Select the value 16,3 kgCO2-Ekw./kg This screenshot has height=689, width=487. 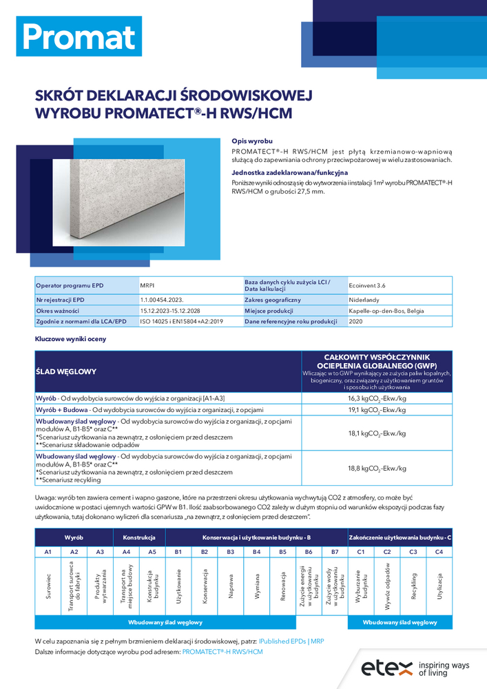377,398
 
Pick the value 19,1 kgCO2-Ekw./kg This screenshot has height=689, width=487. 377,410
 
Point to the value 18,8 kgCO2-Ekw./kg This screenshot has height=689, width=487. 377,468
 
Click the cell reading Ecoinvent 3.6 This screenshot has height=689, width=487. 371,285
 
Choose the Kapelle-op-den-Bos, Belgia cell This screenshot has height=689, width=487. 386,311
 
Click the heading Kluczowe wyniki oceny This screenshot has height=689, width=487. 70,339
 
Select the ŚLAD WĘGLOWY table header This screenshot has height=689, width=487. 66,371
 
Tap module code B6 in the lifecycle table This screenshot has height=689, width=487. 309,552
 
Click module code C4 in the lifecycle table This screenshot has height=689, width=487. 439,552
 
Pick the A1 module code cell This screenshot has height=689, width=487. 48,552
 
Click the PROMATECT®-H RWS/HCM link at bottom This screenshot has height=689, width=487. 222,651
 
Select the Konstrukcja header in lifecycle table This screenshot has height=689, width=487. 139,536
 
